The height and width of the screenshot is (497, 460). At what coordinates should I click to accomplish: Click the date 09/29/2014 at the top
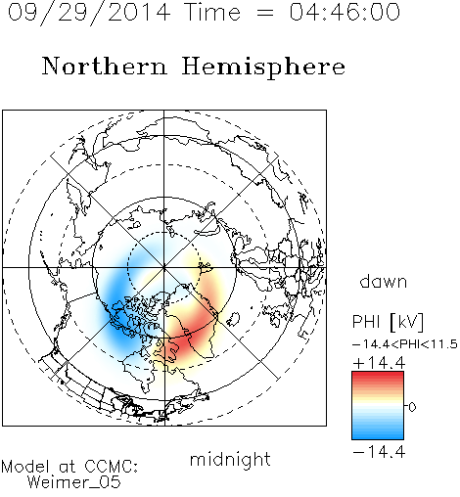click(x=89, y=13)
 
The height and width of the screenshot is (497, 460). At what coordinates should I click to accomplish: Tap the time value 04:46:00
click(x=345, y=12)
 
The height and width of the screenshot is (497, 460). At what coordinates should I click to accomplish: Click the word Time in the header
click(x=212, y=12)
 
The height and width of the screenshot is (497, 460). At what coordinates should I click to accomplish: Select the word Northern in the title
click(x=105, y=66)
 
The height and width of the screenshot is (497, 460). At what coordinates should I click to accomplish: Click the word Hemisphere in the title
click(x=263, y=68)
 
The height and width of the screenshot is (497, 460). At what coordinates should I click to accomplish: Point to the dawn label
click(x=384, y=281)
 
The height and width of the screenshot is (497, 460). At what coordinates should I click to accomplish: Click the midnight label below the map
click(x=230, y=459)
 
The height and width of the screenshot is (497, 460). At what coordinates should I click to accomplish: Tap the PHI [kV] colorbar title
click(x=389, y=322)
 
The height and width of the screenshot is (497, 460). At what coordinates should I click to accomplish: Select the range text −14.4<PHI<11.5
click(x=405, y=344)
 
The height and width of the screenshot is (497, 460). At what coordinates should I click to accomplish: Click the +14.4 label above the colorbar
click(x=379, y=363)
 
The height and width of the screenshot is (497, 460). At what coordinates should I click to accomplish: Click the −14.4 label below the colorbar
click(x=379, y=452)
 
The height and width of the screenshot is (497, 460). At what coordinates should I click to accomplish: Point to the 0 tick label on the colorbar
click(x=412, y=407)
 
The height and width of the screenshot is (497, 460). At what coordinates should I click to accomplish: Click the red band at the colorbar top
click(x=378, y=377)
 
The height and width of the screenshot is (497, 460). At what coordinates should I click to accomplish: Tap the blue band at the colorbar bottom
click(x=378, y=433)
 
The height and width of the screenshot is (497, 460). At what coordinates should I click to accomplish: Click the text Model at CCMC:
click(x=69, y=467)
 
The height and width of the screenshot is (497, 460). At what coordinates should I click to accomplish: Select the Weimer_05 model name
click(x=73, y=482)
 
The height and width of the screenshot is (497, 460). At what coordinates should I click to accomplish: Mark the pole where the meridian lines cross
click(x=164, y=267)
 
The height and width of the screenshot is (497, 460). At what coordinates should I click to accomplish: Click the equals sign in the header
click(x=265, y=14)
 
